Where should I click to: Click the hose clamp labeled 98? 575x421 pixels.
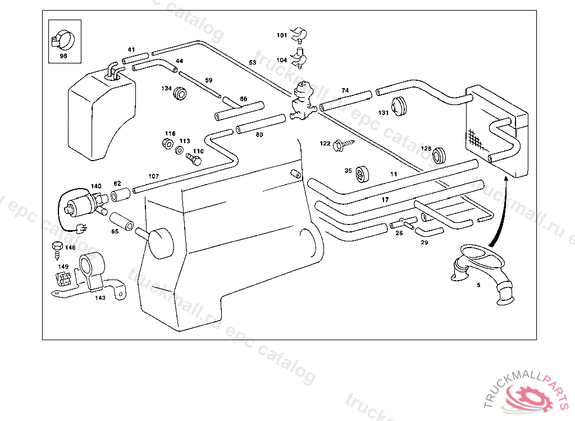63,40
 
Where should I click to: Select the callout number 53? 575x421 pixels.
253,62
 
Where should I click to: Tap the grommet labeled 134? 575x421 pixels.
180,93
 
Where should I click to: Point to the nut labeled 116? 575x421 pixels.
167,143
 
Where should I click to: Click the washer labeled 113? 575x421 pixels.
179,150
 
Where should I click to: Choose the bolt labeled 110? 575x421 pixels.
194,159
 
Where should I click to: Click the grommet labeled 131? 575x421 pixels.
399,106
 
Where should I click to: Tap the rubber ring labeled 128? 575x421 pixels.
439,155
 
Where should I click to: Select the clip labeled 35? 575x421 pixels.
362,174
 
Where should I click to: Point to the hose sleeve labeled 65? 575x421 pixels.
122,221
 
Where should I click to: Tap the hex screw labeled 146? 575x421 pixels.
58,250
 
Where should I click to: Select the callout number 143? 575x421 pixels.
100,298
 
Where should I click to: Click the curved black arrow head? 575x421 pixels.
506,179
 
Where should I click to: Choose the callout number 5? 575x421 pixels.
478,285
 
